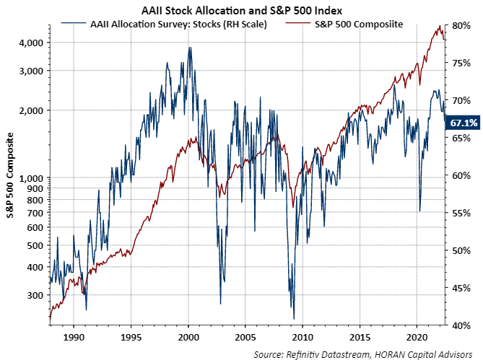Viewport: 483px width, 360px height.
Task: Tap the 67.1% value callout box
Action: pos(464,123)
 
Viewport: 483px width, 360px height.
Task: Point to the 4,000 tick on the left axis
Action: pos(29,43)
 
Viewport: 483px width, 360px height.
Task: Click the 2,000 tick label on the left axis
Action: pos(29,110)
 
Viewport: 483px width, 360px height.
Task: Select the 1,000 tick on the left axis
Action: pos(29,178)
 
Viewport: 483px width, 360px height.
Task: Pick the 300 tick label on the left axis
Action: pos(33,295)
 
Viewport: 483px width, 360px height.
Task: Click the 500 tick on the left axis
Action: pos(33,245)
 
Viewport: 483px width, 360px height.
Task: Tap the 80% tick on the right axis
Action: pos(461,25)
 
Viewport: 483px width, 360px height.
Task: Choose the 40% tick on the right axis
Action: pos(461,326)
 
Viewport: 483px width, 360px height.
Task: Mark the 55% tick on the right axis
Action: pos(461,214)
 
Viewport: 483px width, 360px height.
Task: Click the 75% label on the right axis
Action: pos(461,63)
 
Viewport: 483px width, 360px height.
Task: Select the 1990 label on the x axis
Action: pos(74,337)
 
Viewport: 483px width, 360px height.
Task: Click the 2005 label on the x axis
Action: pos(245,337)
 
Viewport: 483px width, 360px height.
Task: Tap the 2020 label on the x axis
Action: pos(416,337)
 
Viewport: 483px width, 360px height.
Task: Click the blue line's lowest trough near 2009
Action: pos(294,318)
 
